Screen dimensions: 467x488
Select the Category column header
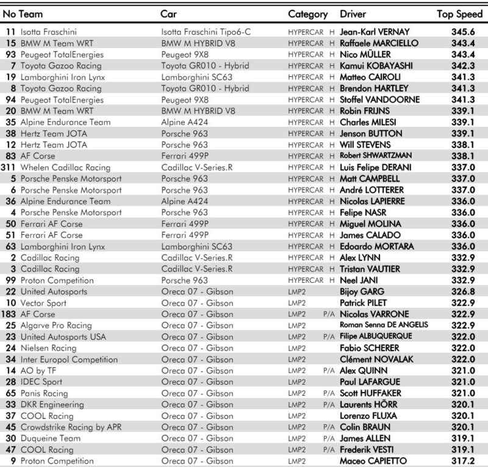point(308,13)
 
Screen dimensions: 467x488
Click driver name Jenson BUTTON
point(371,133)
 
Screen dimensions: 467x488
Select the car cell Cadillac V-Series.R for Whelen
point(197,167)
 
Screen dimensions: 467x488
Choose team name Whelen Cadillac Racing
point(65,167)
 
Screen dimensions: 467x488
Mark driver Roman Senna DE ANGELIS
point(384,325)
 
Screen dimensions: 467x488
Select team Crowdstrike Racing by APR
point(71,427)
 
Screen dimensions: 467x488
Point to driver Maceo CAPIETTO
point(373,460)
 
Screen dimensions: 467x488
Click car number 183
point(9,314)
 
